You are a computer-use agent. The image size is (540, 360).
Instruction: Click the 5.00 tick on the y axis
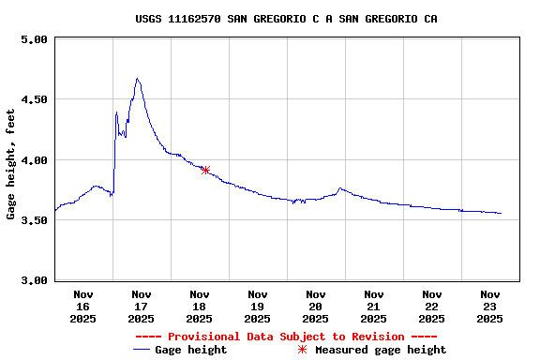pos(34,39)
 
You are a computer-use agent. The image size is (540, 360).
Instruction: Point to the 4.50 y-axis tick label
pos(34,99)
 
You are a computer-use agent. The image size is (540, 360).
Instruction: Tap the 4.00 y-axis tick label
pos(34,159)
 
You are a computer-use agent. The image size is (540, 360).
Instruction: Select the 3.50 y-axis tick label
pos(34,219)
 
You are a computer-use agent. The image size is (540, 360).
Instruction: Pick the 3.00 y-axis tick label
pos(34,279)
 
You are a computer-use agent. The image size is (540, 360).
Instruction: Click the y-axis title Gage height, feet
pos(11,165)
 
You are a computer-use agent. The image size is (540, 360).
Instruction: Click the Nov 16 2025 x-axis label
pos(82,307)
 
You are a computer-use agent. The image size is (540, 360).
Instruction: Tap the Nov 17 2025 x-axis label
pos(141,307)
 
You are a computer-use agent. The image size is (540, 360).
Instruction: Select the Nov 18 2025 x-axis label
pos(199,307)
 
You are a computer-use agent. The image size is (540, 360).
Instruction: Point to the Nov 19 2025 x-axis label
pos(257,307)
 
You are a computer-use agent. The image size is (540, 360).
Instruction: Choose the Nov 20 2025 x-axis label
pos(315,307)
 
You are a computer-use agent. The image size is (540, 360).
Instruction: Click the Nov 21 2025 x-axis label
pos(373,307)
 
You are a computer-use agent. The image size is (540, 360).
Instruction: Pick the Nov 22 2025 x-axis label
pos(431,307)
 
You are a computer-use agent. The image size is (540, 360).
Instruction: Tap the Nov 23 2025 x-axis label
pos(489,307)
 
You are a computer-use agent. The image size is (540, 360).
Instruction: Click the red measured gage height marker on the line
pos(205,170)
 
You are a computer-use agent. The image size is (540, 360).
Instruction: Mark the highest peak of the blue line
pos(138,79)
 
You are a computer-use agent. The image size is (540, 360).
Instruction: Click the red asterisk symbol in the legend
pos(302,350)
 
